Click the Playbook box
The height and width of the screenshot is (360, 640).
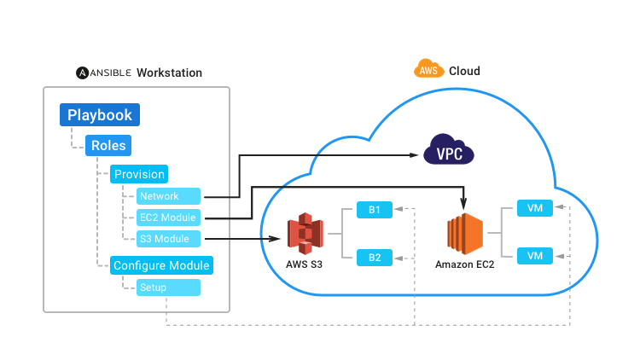pos(100,114)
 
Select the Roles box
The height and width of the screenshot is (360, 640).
pos(108,145)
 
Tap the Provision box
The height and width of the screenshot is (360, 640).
pos(138,174)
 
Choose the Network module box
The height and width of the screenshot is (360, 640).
pos(168,196)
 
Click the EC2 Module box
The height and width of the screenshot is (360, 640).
pos(168,218)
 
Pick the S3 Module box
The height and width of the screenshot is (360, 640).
pos(168,239)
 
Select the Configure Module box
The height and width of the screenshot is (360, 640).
pos(161,265)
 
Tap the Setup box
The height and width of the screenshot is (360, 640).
pos(168,287)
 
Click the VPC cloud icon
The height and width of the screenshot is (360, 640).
pos(449,154)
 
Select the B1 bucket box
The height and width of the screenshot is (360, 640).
pos(375,208)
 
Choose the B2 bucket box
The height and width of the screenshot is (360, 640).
pos(375,256)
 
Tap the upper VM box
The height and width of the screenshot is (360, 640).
pos(535,207)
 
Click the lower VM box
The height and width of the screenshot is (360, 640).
pos(535,255)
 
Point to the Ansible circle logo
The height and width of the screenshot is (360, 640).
pos(83,73)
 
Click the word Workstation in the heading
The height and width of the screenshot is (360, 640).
pos(169,73)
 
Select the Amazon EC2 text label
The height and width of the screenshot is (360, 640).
pos(464,264)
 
